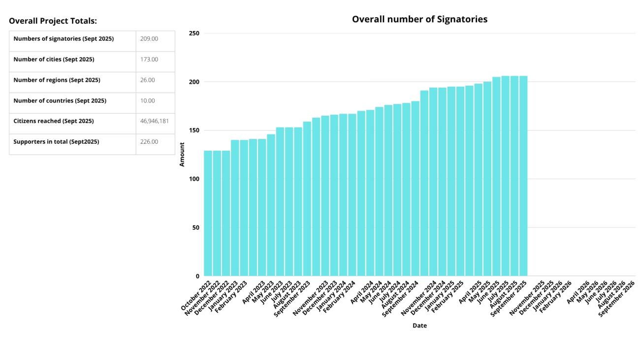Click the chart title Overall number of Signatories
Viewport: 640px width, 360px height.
pyautogui.click(x=419, y=19)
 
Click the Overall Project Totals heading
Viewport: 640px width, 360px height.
pyautogui.click(x=53, y=21)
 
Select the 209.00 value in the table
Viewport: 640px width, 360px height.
pyautogui.click(x=149, y=39)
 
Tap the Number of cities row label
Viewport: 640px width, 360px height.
pyautogui.click(x=54, y=60)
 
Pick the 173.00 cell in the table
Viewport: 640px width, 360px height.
pyautogui.click(x=149, y=60)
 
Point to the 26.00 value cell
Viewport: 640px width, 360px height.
pyautogui.click(x=148, y=80)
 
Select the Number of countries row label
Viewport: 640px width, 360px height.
pyautogui.click(x=60, y=101)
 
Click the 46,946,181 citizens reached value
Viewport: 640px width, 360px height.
pyautogui.click(x=155, y=121)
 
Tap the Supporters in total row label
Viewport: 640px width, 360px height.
pyautogui.click(x=56, y=142)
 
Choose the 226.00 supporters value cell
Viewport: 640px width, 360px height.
pyautogui.click(x=149, y=142)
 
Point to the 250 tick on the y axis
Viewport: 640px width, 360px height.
pyautogui.click(x=194, y=33)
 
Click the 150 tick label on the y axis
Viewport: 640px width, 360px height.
pyautogui.click(x=194, y=131)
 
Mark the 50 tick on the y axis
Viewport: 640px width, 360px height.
pyautogui.click(x=195, y=228)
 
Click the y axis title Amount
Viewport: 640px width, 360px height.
pyautogui.click(x=182, y=154)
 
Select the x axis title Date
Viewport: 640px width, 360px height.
pyautogui.click(x=419, y=326)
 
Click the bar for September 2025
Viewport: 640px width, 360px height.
pyautogui.click(x=523, y=176)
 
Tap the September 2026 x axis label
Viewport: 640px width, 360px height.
pyautogui.click(x=617, y=298)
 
